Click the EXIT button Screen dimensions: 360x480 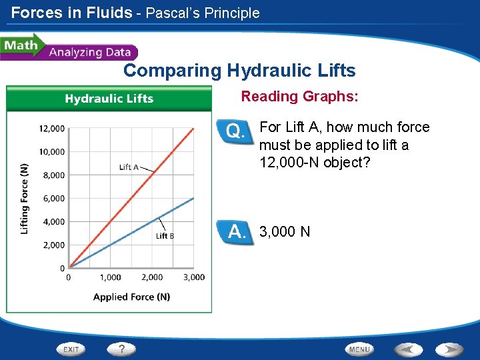tap(72, 349)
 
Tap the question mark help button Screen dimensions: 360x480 tap(122, 349)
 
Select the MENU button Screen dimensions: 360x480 tap(359, 349)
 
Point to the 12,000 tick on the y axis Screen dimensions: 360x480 tap(51, 129)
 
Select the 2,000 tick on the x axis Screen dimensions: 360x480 tap(152, 277)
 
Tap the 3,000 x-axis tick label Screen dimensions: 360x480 tap(194, 277)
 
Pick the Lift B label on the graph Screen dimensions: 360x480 tap(165, 235)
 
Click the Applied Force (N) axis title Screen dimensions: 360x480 tap(131, 297)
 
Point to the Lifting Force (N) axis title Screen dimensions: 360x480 tap(25, 199)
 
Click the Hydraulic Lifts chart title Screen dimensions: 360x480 tap(109, 99)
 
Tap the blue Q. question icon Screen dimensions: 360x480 tap(235, 131)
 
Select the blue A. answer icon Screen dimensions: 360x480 tap(235, 232)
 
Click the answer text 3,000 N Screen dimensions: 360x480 tap(285, 232)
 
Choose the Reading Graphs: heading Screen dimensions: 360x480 tap(299, 97)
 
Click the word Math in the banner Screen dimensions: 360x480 tap(20, 46)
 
